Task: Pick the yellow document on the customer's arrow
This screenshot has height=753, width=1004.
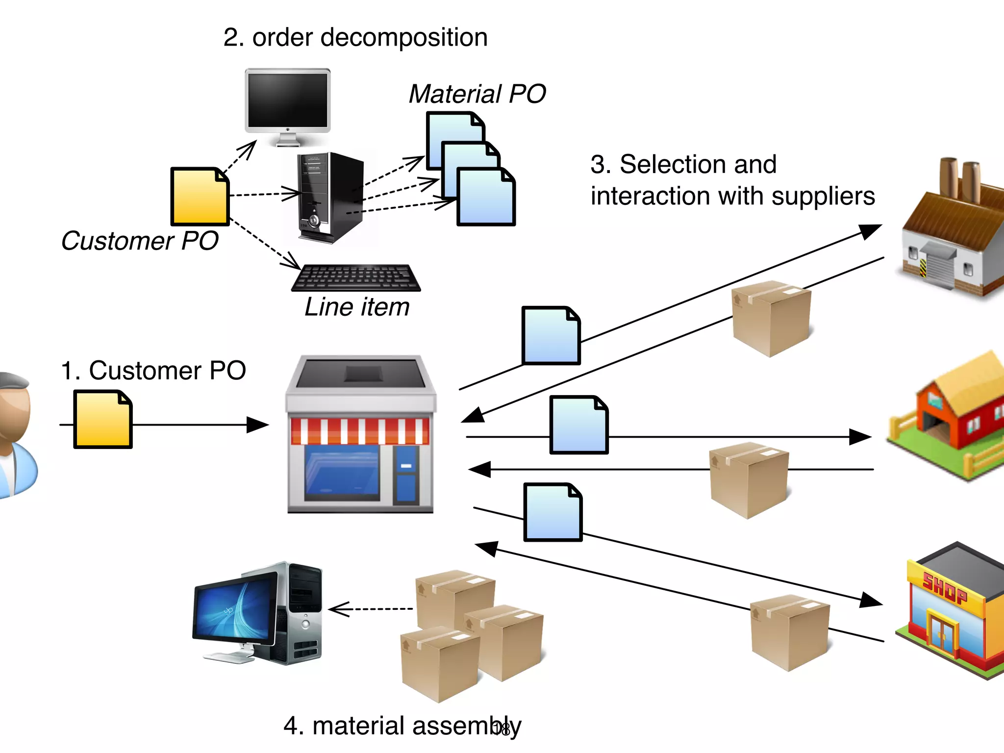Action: [x=102, y=420]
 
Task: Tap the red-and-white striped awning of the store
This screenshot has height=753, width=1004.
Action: [x=360, y=431]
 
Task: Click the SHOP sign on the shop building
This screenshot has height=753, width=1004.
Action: [x=944, y=588]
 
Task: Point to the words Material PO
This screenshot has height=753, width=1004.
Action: [x=477, y=94]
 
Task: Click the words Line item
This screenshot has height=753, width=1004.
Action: [x=357, y=307]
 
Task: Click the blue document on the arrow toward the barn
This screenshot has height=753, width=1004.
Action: [x=578, y=425]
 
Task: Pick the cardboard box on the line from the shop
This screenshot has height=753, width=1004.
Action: [x=789, y=632]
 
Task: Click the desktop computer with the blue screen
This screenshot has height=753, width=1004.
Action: [x=257, y=613]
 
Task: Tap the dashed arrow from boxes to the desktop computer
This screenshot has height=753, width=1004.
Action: [x=371, y=609]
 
